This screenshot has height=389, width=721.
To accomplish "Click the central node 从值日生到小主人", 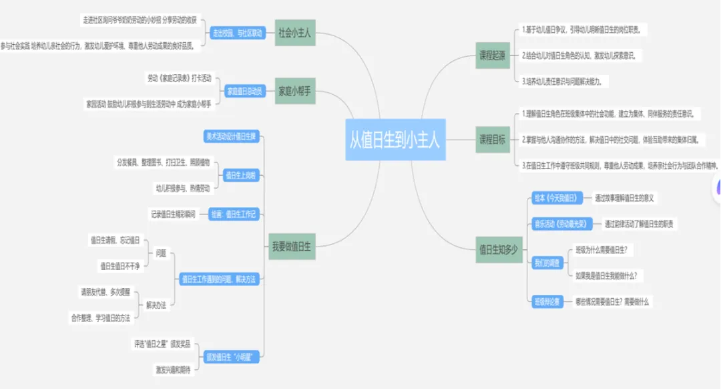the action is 395,140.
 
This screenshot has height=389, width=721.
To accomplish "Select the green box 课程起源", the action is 493,55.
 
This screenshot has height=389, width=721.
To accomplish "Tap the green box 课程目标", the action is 493,140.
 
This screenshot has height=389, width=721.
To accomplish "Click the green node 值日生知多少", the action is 497,249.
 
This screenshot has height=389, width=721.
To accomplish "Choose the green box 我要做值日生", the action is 292,247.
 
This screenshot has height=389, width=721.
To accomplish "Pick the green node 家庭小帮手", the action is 294,91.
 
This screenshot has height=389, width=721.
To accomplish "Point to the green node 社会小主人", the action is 294,33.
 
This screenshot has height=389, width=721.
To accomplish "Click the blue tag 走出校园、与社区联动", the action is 237,33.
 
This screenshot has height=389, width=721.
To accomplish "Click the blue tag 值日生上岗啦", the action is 240,175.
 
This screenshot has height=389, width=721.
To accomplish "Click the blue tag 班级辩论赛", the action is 547,301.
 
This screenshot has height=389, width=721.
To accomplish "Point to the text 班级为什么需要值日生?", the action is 605,249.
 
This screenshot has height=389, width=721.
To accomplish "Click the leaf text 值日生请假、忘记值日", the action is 115,239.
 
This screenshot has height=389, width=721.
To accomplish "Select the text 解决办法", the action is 156,305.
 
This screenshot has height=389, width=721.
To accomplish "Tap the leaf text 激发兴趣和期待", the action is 173,369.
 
